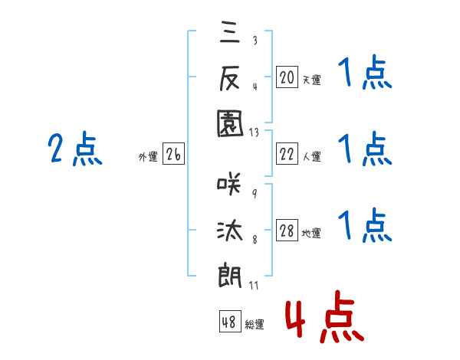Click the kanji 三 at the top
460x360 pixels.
[x=229, y=34]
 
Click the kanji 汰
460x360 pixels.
[x=229, y=230]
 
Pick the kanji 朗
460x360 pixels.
[x=229, y=273]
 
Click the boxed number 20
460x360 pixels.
[x=287, y=77]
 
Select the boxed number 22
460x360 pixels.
[x=287, y=155]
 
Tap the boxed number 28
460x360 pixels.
[x=287, y=231]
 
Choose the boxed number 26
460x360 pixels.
[x=173, y=155]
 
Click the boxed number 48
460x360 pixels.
[x=229, y=322]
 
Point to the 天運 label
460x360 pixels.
[x=311, y=80]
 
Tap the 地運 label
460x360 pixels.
[x=311, y=234]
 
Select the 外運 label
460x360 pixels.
[x=148, y=157]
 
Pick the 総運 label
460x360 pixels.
[x=254, y=325]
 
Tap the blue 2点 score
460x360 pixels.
[x=75, y=149]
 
